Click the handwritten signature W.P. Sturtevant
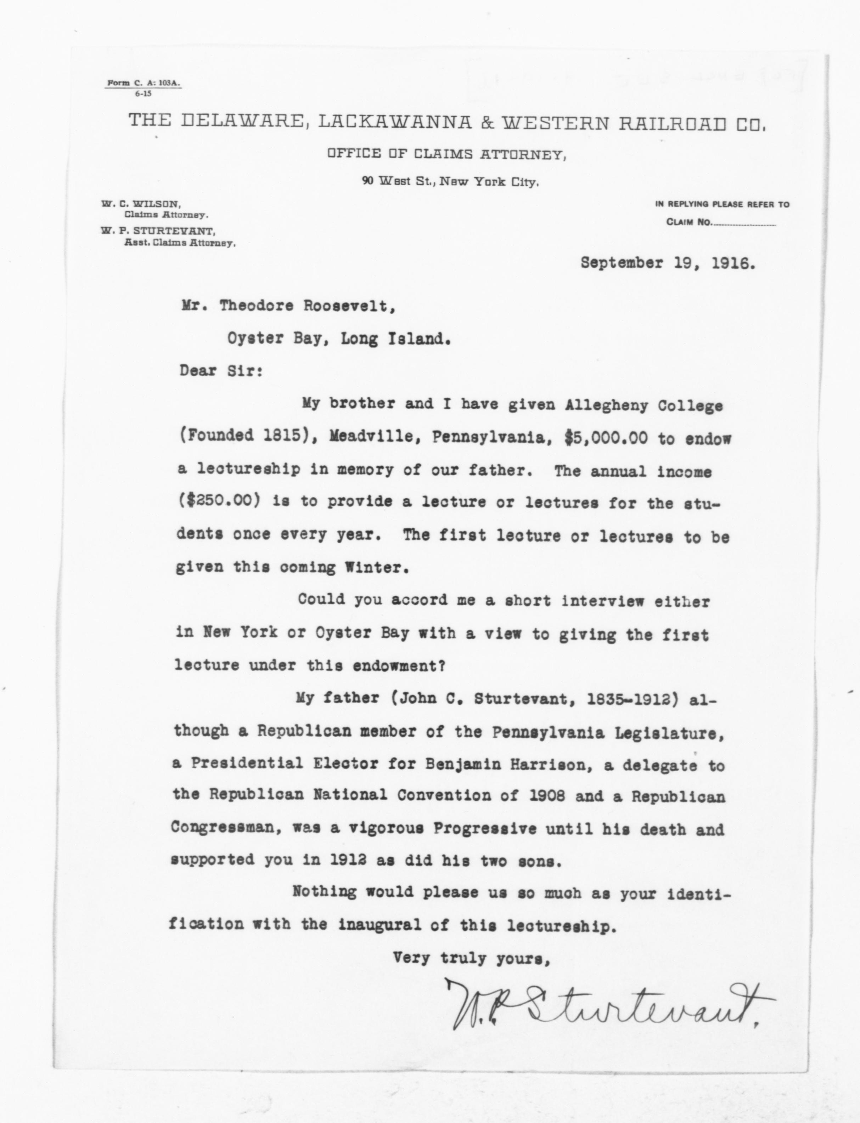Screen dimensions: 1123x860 607,1005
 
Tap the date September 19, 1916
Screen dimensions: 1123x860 668,263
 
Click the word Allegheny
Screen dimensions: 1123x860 595,406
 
